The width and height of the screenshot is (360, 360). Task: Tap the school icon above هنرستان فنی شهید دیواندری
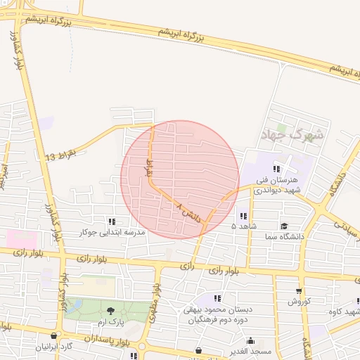[x=277, y=168]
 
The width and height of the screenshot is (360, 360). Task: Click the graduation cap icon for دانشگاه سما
[x=284, y=226]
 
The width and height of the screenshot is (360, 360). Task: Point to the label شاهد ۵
[x=243, y=226]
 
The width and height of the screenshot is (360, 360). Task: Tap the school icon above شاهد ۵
[x=243, y=215]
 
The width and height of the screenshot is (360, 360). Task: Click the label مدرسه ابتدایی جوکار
[x=112, y=232]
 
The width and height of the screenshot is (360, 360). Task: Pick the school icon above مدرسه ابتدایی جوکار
[x=112, y=221]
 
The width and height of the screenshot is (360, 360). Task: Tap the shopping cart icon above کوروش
[x=299, y=291]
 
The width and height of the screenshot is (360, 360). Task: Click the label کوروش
[x=298, y=302]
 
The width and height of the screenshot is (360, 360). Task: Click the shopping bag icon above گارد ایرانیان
[x=55, y=336]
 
